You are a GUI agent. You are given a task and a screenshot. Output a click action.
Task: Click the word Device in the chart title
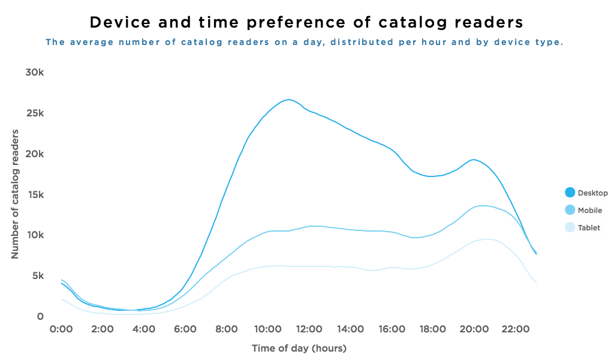tap(119, 22)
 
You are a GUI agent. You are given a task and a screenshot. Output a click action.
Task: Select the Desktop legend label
tap(591, 193)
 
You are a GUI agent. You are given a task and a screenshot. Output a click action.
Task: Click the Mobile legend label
tap(589, 211)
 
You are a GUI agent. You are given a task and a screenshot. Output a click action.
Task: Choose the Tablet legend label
tap(588, 228)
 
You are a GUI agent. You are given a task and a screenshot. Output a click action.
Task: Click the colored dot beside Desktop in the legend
tap(570, 193)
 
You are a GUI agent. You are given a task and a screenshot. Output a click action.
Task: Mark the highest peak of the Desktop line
tap(289, 100)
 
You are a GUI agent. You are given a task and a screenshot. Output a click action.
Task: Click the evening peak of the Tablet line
tap(488, 239)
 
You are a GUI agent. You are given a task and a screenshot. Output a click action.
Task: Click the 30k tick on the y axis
tap(35, 73)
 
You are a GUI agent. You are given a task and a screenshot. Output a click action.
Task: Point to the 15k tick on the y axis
tap(35, 194)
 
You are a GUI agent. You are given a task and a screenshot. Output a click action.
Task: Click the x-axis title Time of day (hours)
tap(299, 348)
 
